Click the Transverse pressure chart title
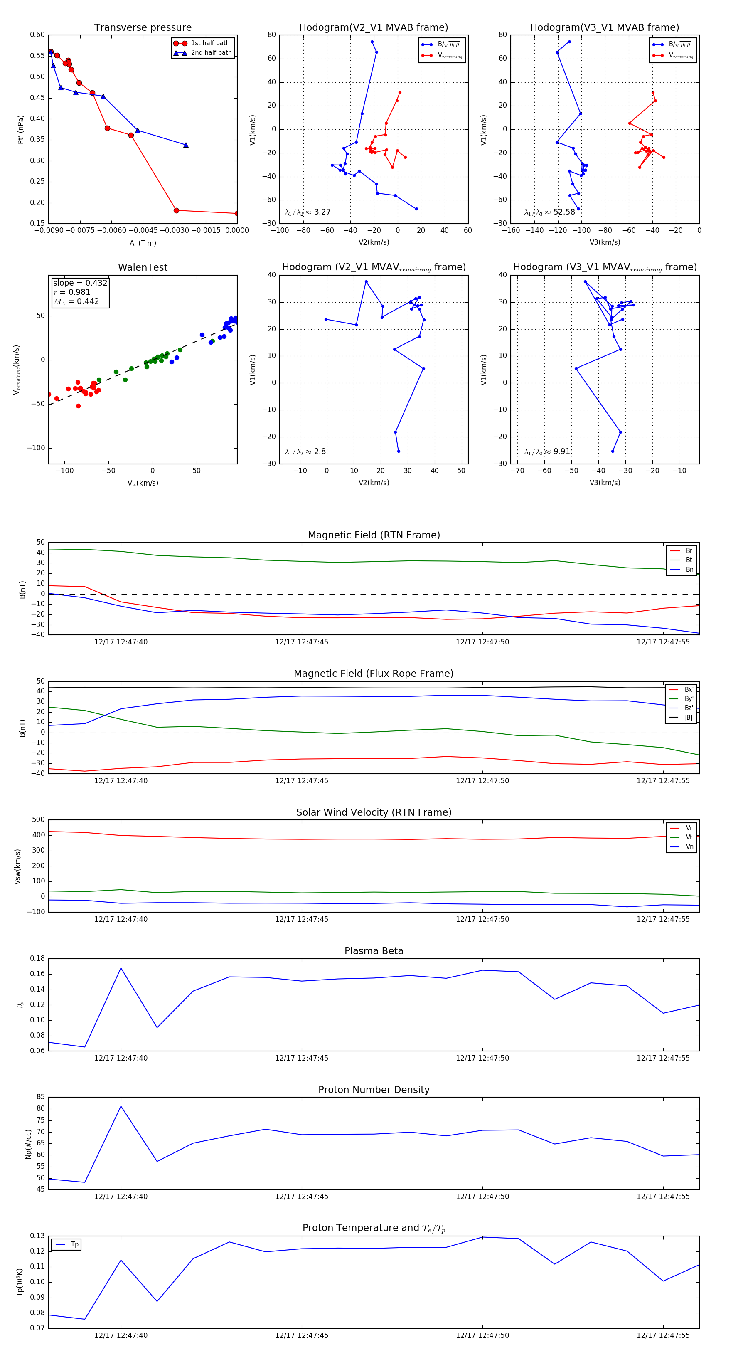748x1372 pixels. [x=143, y=28]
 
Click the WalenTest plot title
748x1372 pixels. [x=143, y=267]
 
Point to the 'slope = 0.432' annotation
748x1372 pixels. [x=80, y=283]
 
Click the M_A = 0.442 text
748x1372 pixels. [x=76, y=301]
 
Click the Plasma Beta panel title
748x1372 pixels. [x=374, y=951]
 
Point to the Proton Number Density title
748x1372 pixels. [x=374, y=1090]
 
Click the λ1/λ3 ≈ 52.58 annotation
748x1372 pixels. [x=549, y=212]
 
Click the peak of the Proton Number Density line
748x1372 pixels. [x=121, y=1106]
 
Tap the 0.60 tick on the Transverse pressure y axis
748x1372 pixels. [x=37, y=35]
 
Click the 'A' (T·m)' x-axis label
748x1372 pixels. [x=143, y=243]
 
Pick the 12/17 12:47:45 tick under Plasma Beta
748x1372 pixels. [x=301, y=1058]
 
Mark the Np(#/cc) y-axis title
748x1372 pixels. [x=28, y=1144]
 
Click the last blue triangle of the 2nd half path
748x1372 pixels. [x=186, y=145]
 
